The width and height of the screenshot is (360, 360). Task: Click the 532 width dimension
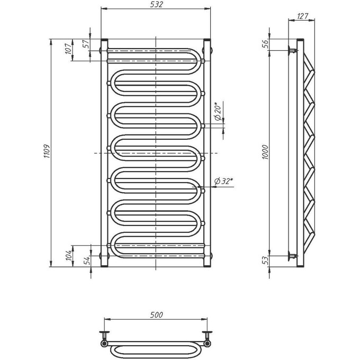pyautogui.click(x=156, y=4)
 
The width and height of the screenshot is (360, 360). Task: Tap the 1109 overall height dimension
pyautogui.click(x=47, y=151)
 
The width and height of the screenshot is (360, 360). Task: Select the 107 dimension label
pyautogui.click(x=68, y=49)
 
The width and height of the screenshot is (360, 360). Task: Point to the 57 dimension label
pyautogui.click(x=86, y=43)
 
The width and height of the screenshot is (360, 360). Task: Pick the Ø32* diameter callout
pyautogui.click(x=223, y=181)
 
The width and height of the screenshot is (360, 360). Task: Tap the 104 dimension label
pyautogui.click(x=69, y=255)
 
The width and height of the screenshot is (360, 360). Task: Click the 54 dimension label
pyautogui.click(x=87, y=260)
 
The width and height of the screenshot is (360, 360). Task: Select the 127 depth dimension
pyautogui.click(x=302, y=16)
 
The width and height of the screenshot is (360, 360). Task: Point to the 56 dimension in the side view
pyautogui.click(x=265, y=44)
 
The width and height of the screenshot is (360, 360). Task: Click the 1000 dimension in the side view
pyautogui.click(x=265, y=152)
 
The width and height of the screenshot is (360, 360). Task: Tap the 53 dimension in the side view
pyautogui.click(x=265, y=260)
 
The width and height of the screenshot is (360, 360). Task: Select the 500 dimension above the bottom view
pyautogui.click(x=156, y=315)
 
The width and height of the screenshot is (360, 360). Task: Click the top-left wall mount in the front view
pyautogui.click(x=101, y=50)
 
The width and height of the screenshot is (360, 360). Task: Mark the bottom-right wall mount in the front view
pyautogui.click(x=211, y=256)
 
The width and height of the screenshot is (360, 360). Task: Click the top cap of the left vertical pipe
pyautogui.click(x=104, y=40)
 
